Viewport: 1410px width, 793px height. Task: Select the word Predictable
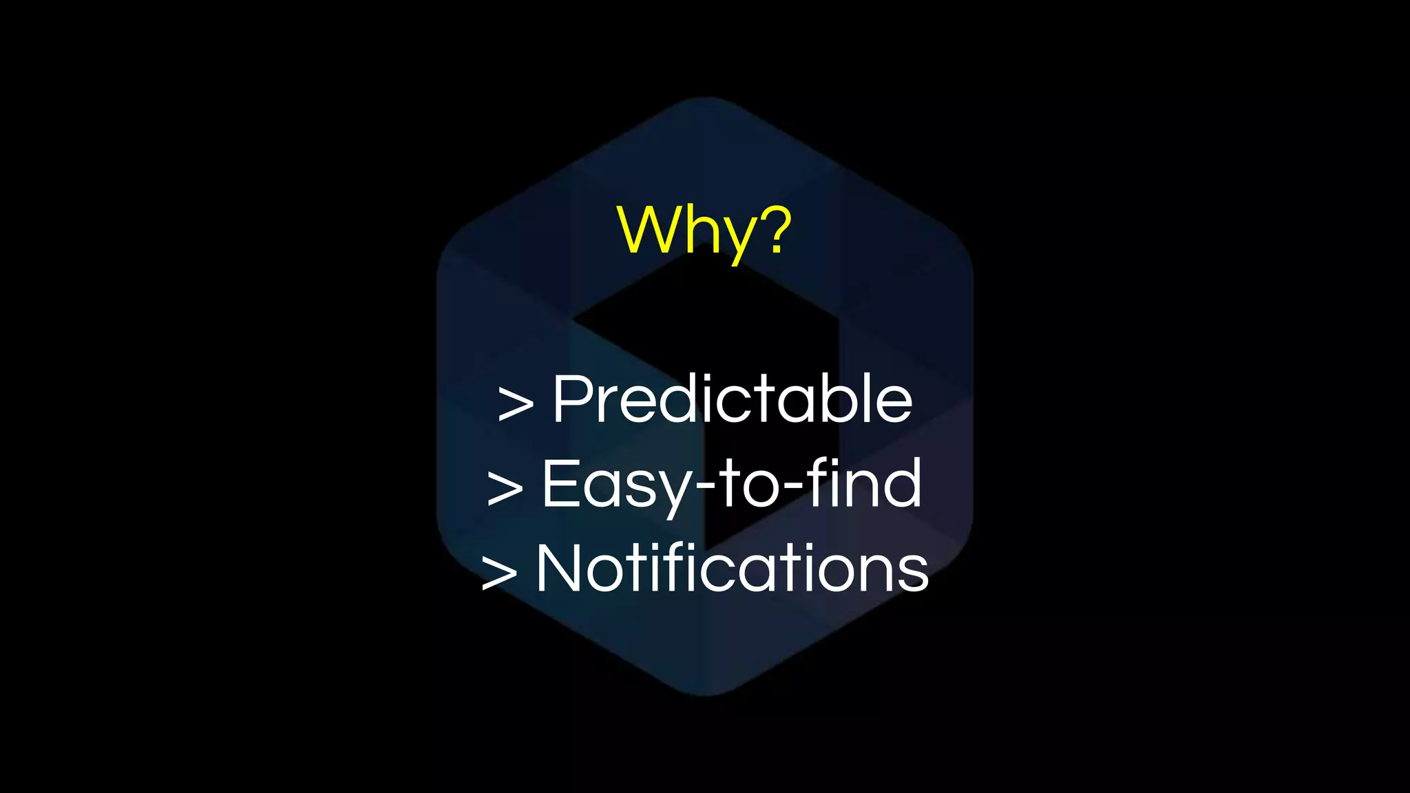tap(733, 399)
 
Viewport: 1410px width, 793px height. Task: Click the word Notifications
tap(733, 568)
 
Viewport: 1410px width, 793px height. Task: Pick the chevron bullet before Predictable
tap(516, 403)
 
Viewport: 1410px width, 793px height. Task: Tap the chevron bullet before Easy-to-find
tap(505, 487)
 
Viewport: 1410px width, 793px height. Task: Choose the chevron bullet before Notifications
tap(498, 572)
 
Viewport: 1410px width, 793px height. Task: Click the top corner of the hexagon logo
tap(705, 101)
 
